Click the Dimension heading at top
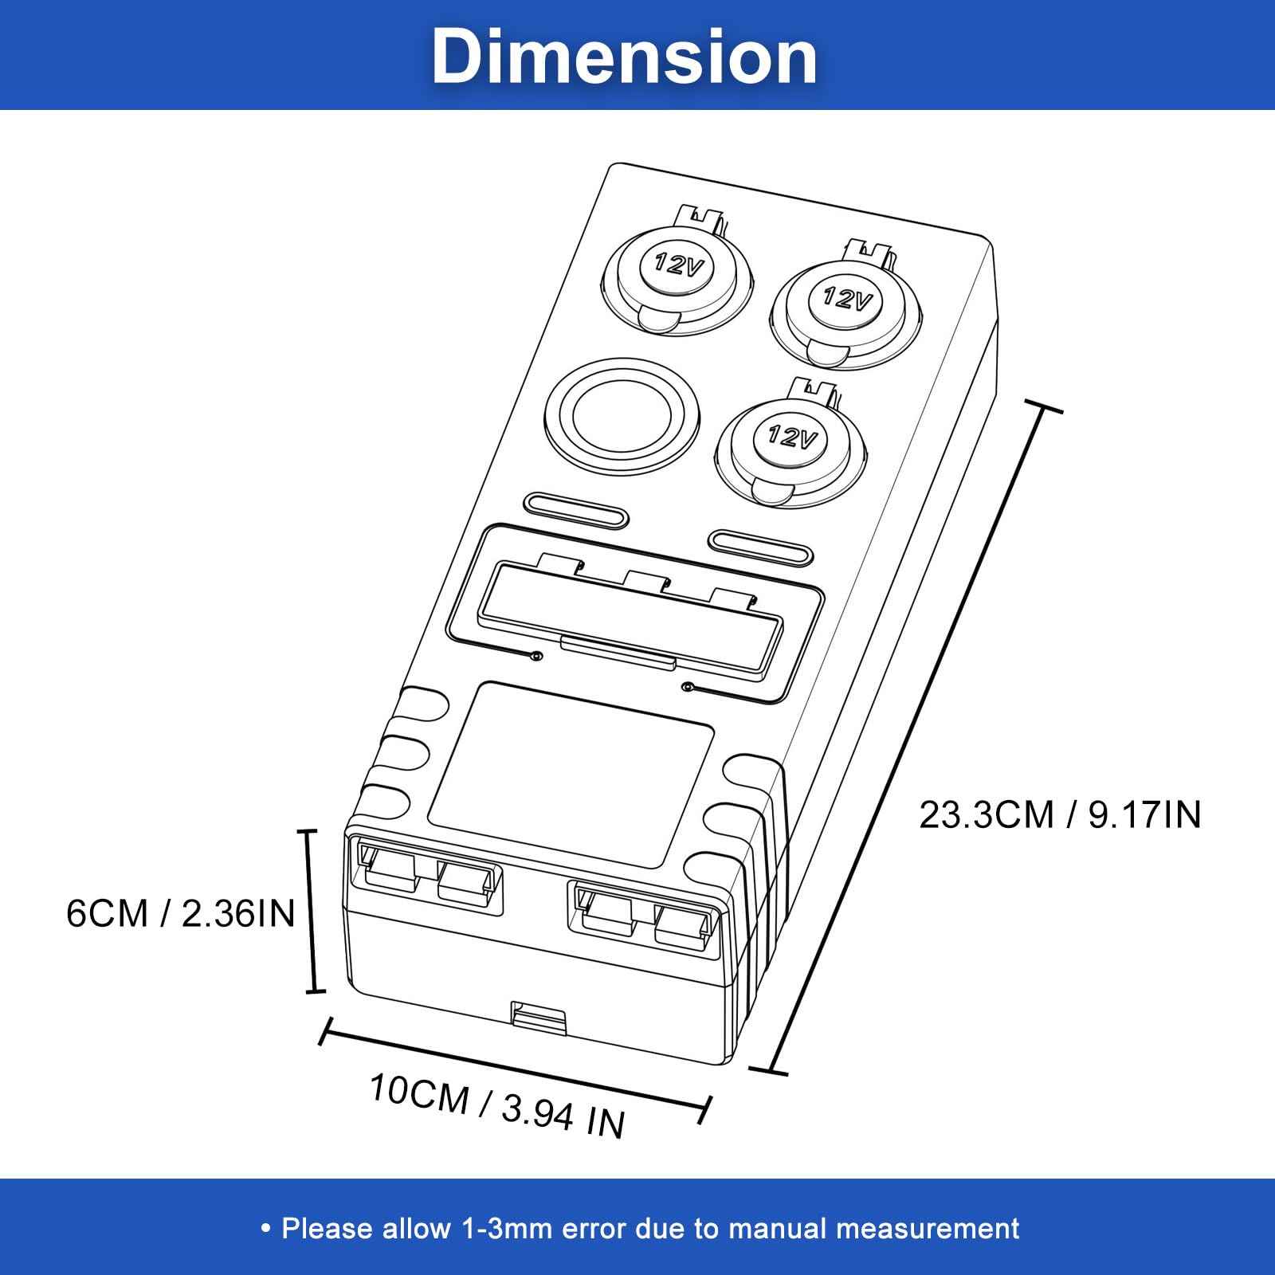click(625, 56)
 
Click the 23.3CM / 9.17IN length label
click(1060, 815)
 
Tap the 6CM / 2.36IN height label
click(181, 913)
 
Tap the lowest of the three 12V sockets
click(793, 437)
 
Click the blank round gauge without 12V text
click(621, 414)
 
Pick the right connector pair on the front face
click(645, 918)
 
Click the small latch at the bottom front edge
click(539, 1017)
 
